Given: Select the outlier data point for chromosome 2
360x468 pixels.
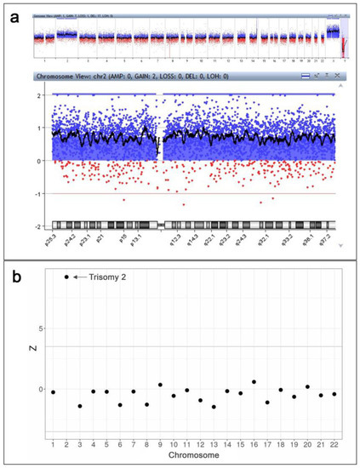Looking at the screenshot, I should (66, 277).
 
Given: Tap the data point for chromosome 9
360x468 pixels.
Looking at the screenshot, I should (160, 385).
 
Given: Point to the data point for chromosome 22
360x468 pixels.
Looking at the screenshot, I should (334, 394).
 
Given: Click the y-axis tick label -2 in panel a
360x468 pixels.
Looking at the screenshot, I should (41, 226).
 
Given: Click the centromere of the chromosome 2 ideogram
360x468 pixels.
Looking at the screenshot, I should (161, 225).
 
